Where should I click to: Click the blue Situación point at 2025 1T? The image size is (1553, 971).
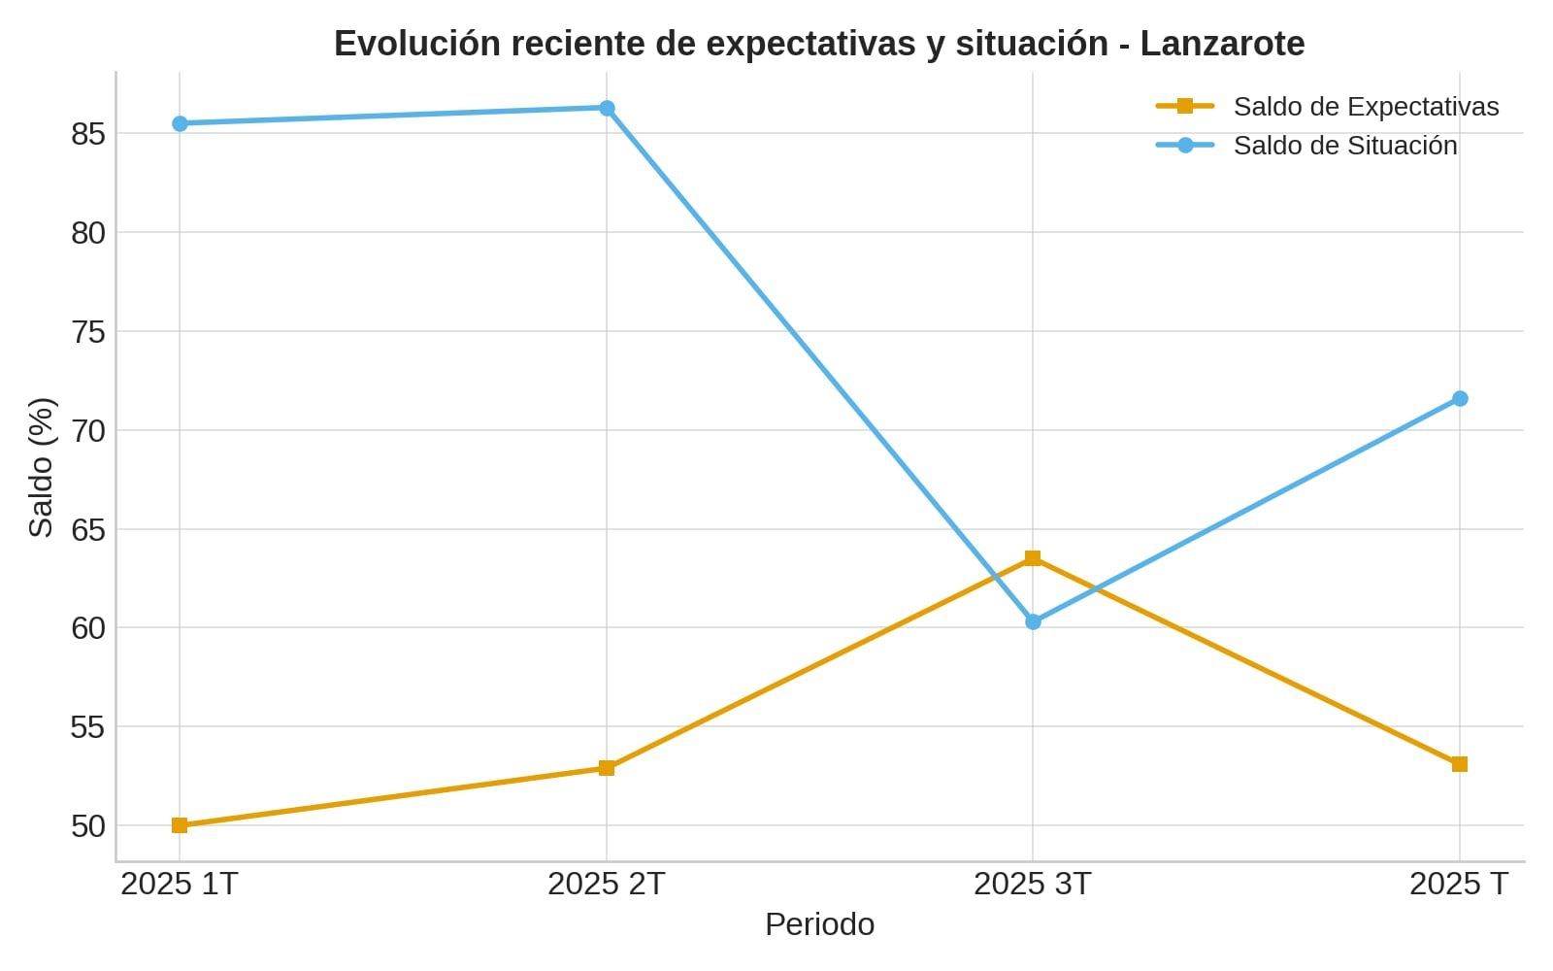tap(180, 123)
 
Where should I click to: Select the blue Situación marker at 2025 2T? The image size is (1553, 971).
tap(607, 108)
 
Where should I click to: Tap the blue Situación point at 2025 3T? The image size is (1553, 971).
tap(1033, 621)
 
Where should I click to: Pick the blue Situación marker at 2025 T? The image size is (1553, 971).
tap(1460, 398)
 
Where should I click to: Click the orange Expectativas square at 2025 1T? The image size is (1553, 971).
tap(180, 825)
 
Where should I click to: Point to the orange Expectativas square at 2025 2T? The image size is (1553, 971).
tap(607, 768)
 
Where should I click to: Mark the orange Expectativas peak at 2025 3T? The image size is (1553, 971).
tap(1033, 558)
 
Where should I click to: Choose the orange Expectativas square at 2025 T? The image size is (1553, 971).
tap(1460, 764)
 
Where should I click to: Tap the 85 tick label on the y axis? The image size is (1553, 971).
tap(87, 134)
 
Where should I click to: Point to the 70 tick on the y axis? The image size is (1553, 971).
tap(87, 430)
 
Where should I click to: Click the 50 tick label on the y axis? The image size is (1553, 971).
tap(87, 826)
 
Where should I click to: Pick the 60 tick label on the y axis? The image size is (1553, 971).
tap(87, 628)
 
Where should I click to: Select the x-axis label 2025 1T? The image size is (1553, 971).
tap(180, 885)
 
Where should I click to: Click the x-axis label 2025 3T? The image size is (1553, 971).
tap(1033, 885)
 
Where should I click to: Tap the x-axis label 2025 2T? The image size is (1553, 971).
tap(607, 885)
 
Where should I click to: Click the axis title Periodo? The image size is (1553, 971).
tap(819, 924)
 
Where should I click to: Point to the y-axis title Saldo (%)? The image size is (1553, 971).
tap(41, 467)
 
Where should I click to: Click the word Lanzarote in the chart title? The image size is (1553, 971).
tap(1222, 45)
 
